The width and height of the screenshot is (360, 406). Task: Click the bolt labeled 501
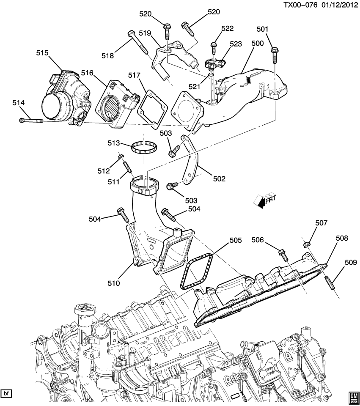pos(274,54)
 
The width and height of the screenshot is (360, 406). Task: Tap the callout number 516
pos(87,73)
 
